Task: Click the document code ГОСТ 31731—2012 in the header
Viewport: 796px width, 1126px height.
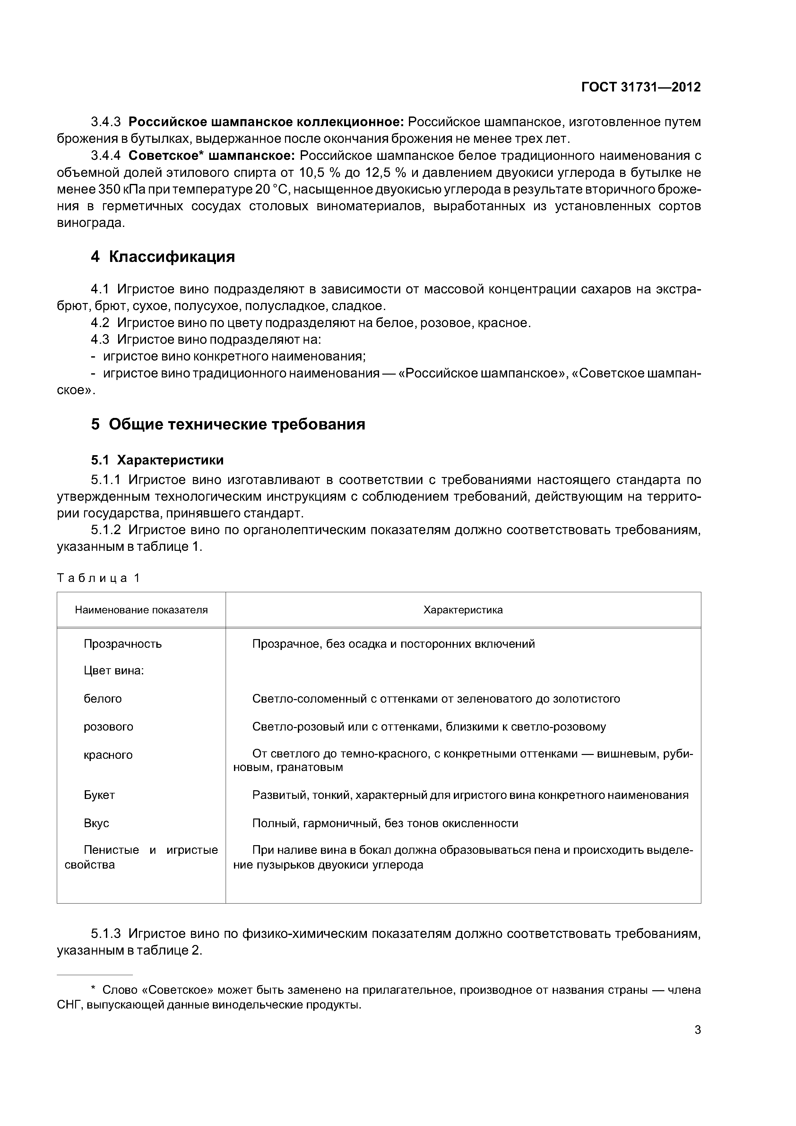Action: click(x=641, y=87)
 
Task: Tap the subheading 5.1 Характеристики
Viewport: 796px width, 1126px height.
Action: click(x=157, y=460)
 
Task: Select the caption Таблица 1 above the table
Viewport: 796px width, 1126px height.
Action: click(x=99, y=578)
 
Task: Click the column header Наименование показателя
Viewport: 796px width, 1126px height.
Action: click(x=141, y=610)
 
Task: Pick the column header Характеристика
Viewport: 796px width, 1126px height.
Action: click(x=463, y=610)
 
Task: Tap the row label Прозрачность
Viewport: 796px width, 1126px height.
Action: click(x=123, y=644)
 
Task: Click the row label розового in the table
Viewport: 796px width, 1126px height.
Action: click(x=108, y=727)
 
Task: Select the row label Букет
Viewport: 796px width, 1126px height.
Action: click(x=99, y=795)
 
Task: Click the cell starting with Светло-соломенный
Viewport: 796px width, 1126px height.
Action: click(x=436, y=699)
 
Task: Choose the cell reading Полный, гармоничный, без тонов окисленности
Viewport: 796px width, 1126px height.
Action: click(x=385, y=823)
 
